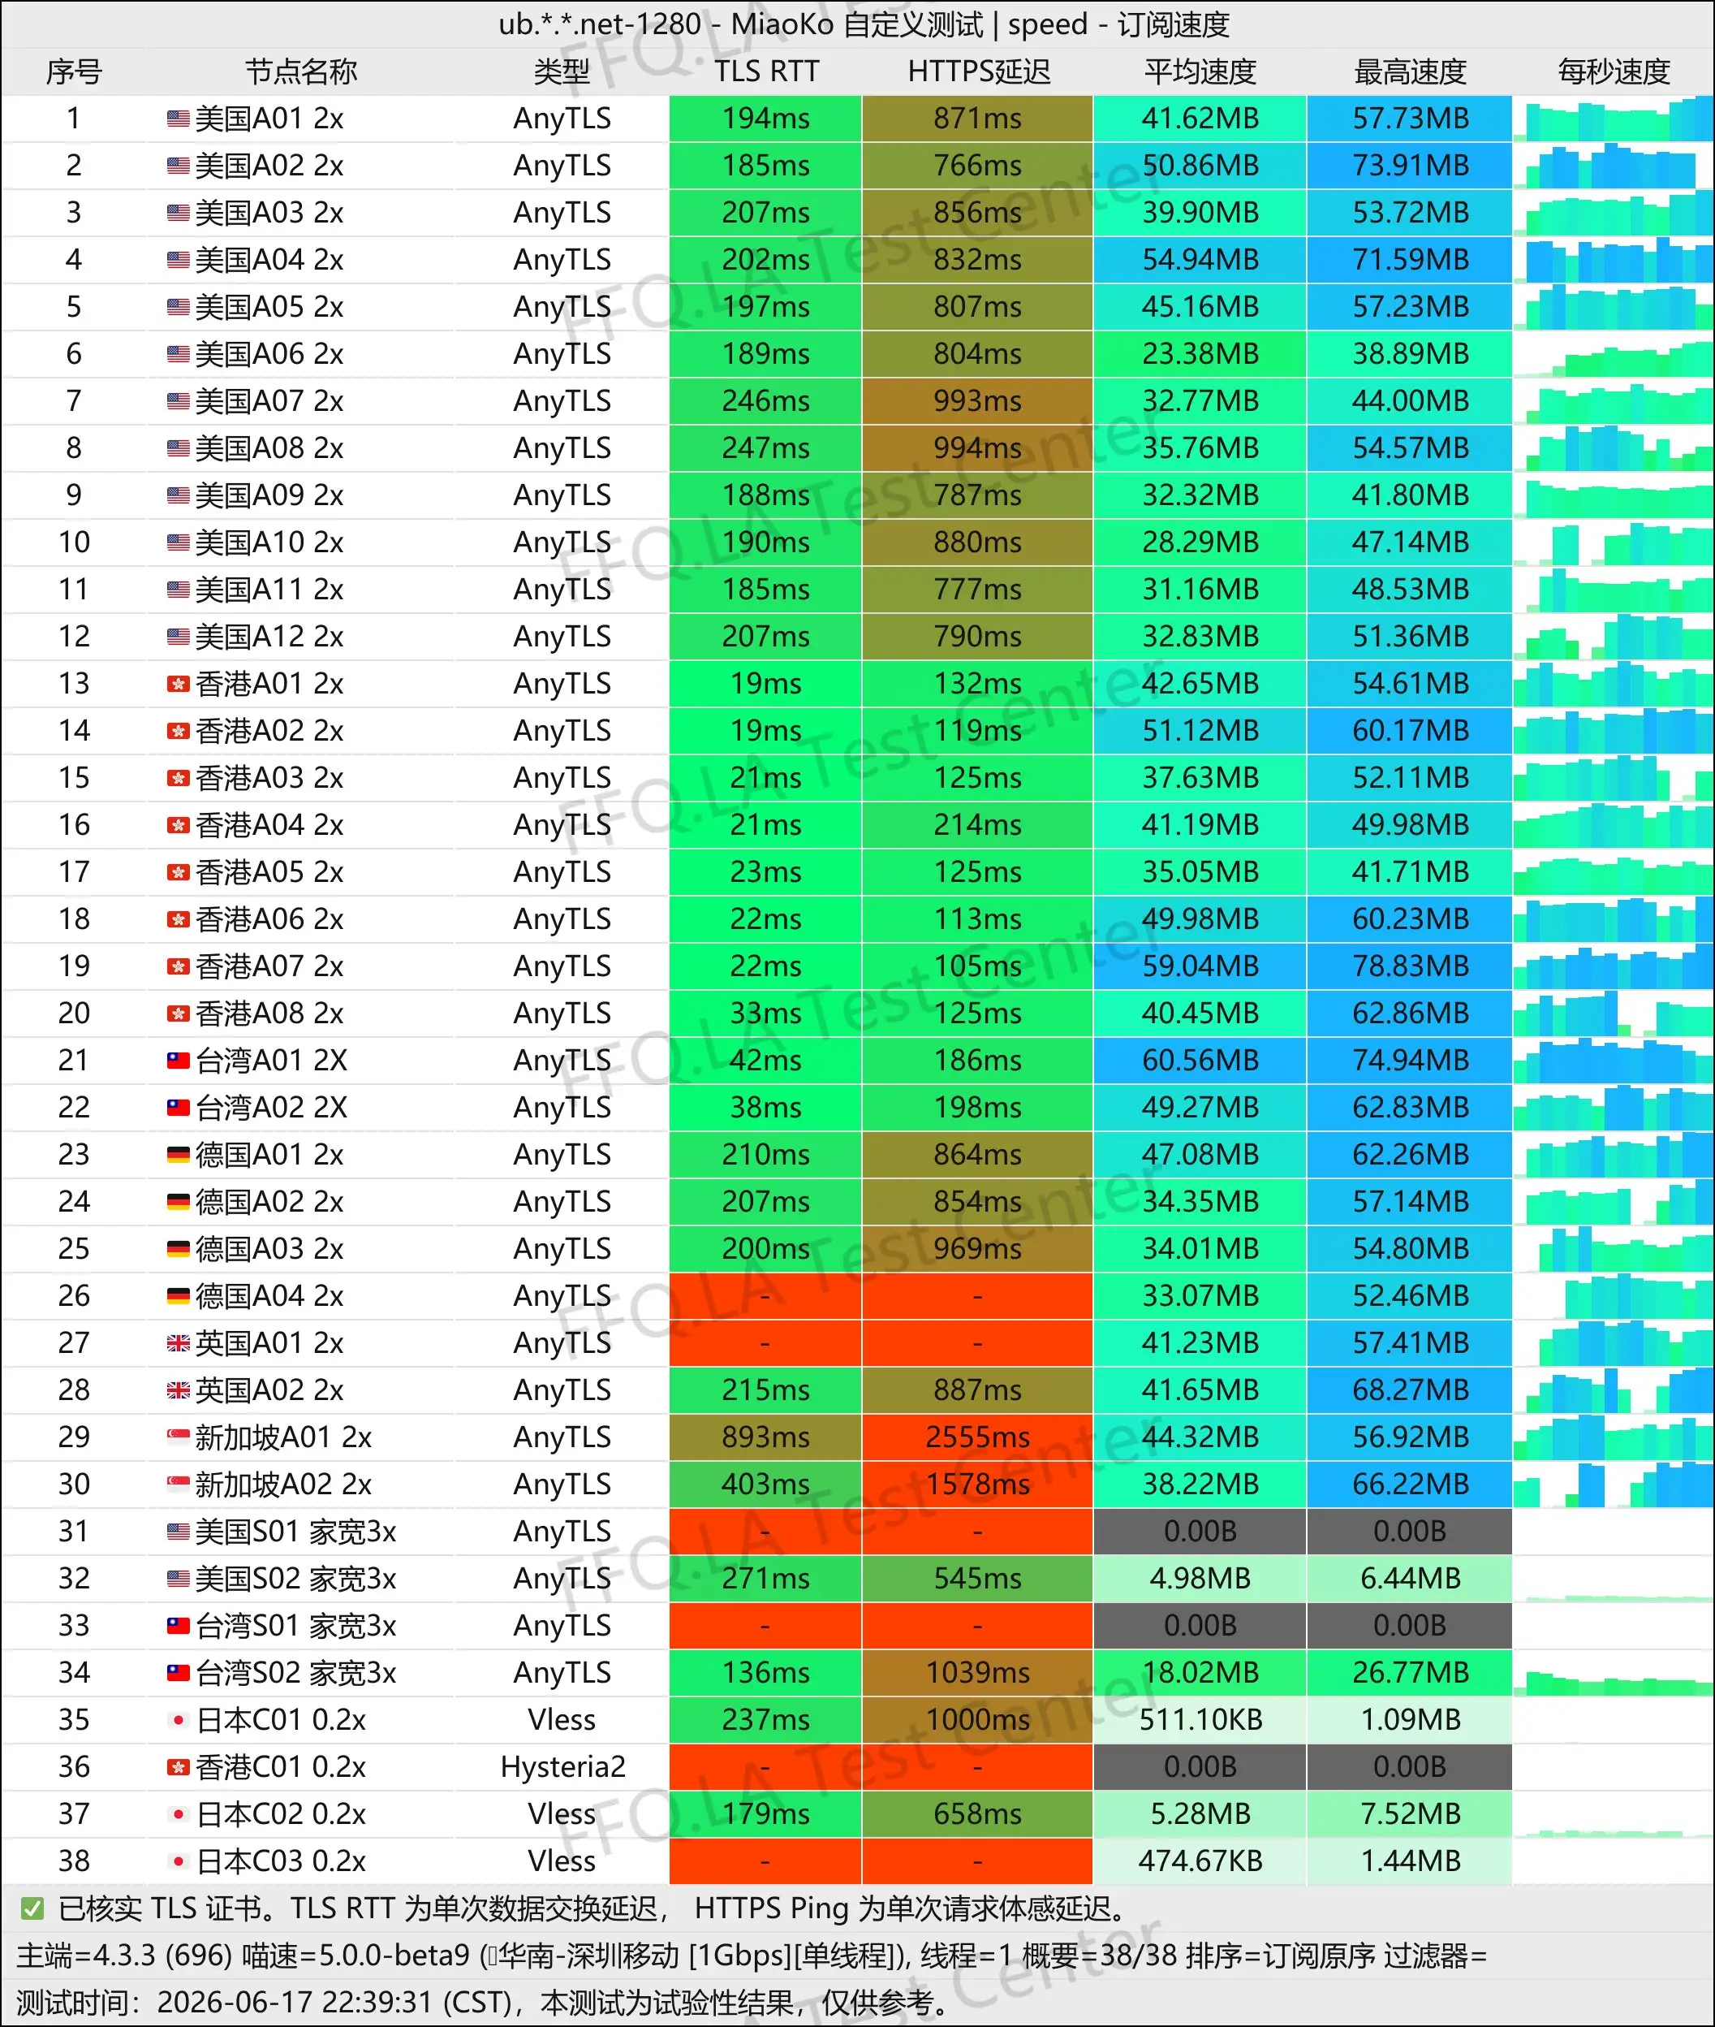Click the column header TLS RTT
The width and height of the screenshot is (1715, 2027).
pyautogui.click(x=766, y=71)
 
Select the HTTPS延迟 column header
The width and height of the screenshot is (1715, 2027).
pyautogui.click(x=978, y=71)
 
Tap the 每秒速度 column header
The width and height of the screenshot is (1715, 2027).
pyautogui.click(x=1613, y=71)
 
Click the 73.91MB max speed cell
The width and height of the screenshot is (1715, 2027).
pyautogui.click(x=1410, y=166)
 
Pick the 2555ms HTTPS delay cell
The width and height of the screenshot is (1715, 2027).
pyautogui.click(x=977, y=1437)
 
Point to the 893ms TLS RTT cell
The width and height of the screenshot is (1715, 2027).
pyautogui.click(x=765, y=1437)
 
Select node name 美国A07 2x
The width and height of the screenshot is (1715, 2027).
pyautogui.click(x=269, y=400)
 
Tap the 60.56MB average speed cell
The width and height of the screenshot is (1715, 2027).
pyautogui.click(x=1200, y=1060)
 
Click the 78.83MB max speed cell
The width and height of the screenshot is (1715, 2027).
pyautogui.click(x=1410, y=966)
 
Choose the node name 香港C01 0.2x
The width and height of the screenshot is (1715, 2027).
pyautogui.click(x=281, y=1766)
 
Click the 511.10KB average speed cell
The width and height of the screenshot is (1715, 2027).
pyautogui.click(x=1200, y=1720)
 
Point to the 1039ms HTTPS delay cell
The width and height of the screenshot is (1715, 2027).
pyautogui.click(x=977, y=1672)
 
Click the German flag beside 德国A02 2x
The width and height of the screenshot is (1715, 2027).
pyautogui.click(x=178, y=1202)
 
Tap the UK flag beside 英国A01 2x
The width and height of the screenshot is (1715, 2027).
pyautogui.click(x=178, y=1343)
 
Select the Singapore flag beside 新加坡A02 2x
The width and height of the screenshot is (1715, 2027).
pyautogui.click(x=178, y=1485)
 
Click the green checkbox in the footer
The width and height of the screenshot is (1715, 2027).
pyautogui.click(x=32, y=1909)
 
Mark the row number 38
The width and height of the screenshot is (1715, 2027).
pyautogui.click(x=74, y=1861)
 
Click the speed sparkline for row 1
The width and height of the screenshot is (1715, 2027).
pyautogui.click(x=1613, y=119)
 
